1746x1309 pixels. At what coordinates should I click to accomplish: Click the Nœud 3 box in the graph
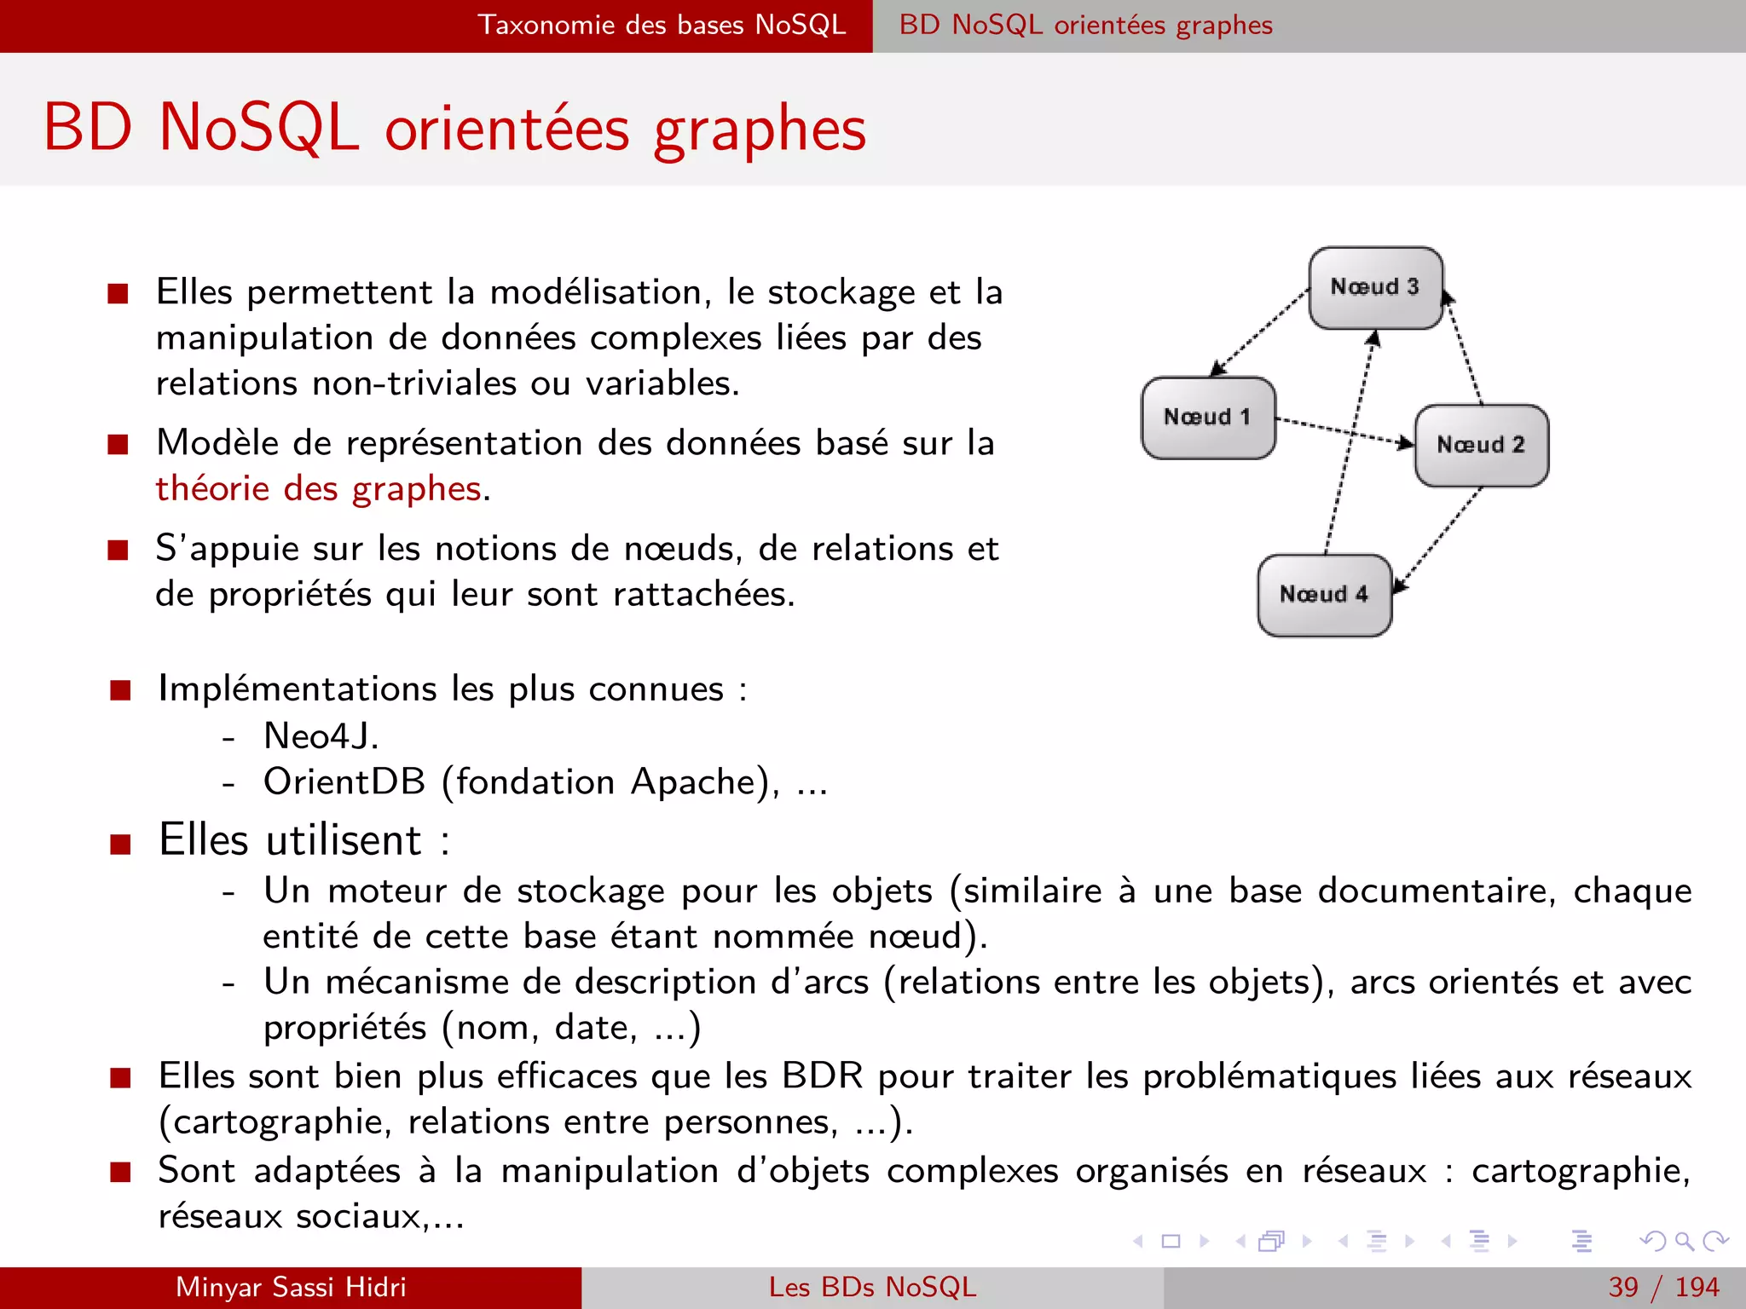(1375, 288)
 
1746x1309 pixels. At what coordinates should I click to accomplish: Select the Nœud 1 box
(1208, 418)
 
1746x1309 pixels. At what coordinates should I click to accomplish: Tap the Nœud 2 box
(1482, 445)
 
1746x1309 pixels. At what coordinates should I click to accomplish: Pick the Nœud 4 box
(1324, 595)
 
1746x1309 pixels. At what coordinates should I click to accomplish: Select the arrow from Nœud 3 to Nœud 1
(1260, 332)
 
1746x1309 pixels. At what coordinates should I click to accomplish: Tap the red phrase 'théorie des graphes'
(318, 489)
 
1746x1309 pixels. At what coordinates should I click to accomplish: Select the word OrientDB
(344, 782)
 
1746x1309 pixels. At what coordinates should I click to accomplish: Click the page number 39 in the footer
(1623, 1287)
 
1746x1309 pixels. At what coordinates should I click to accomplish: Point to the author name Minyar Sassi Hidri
(291, 1287)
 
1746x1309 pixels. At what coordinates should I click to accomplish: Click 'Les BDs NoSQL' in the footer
(872, 1287)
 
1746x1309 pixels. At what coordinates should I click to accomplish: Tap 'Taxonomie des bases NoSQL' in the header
(662, 25)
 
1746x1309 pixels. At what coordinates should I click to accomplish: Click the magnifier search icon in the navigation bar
(1684, 1241)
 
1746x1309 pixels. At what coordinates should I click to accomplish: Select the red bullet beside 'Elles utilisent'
(120, 844)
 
